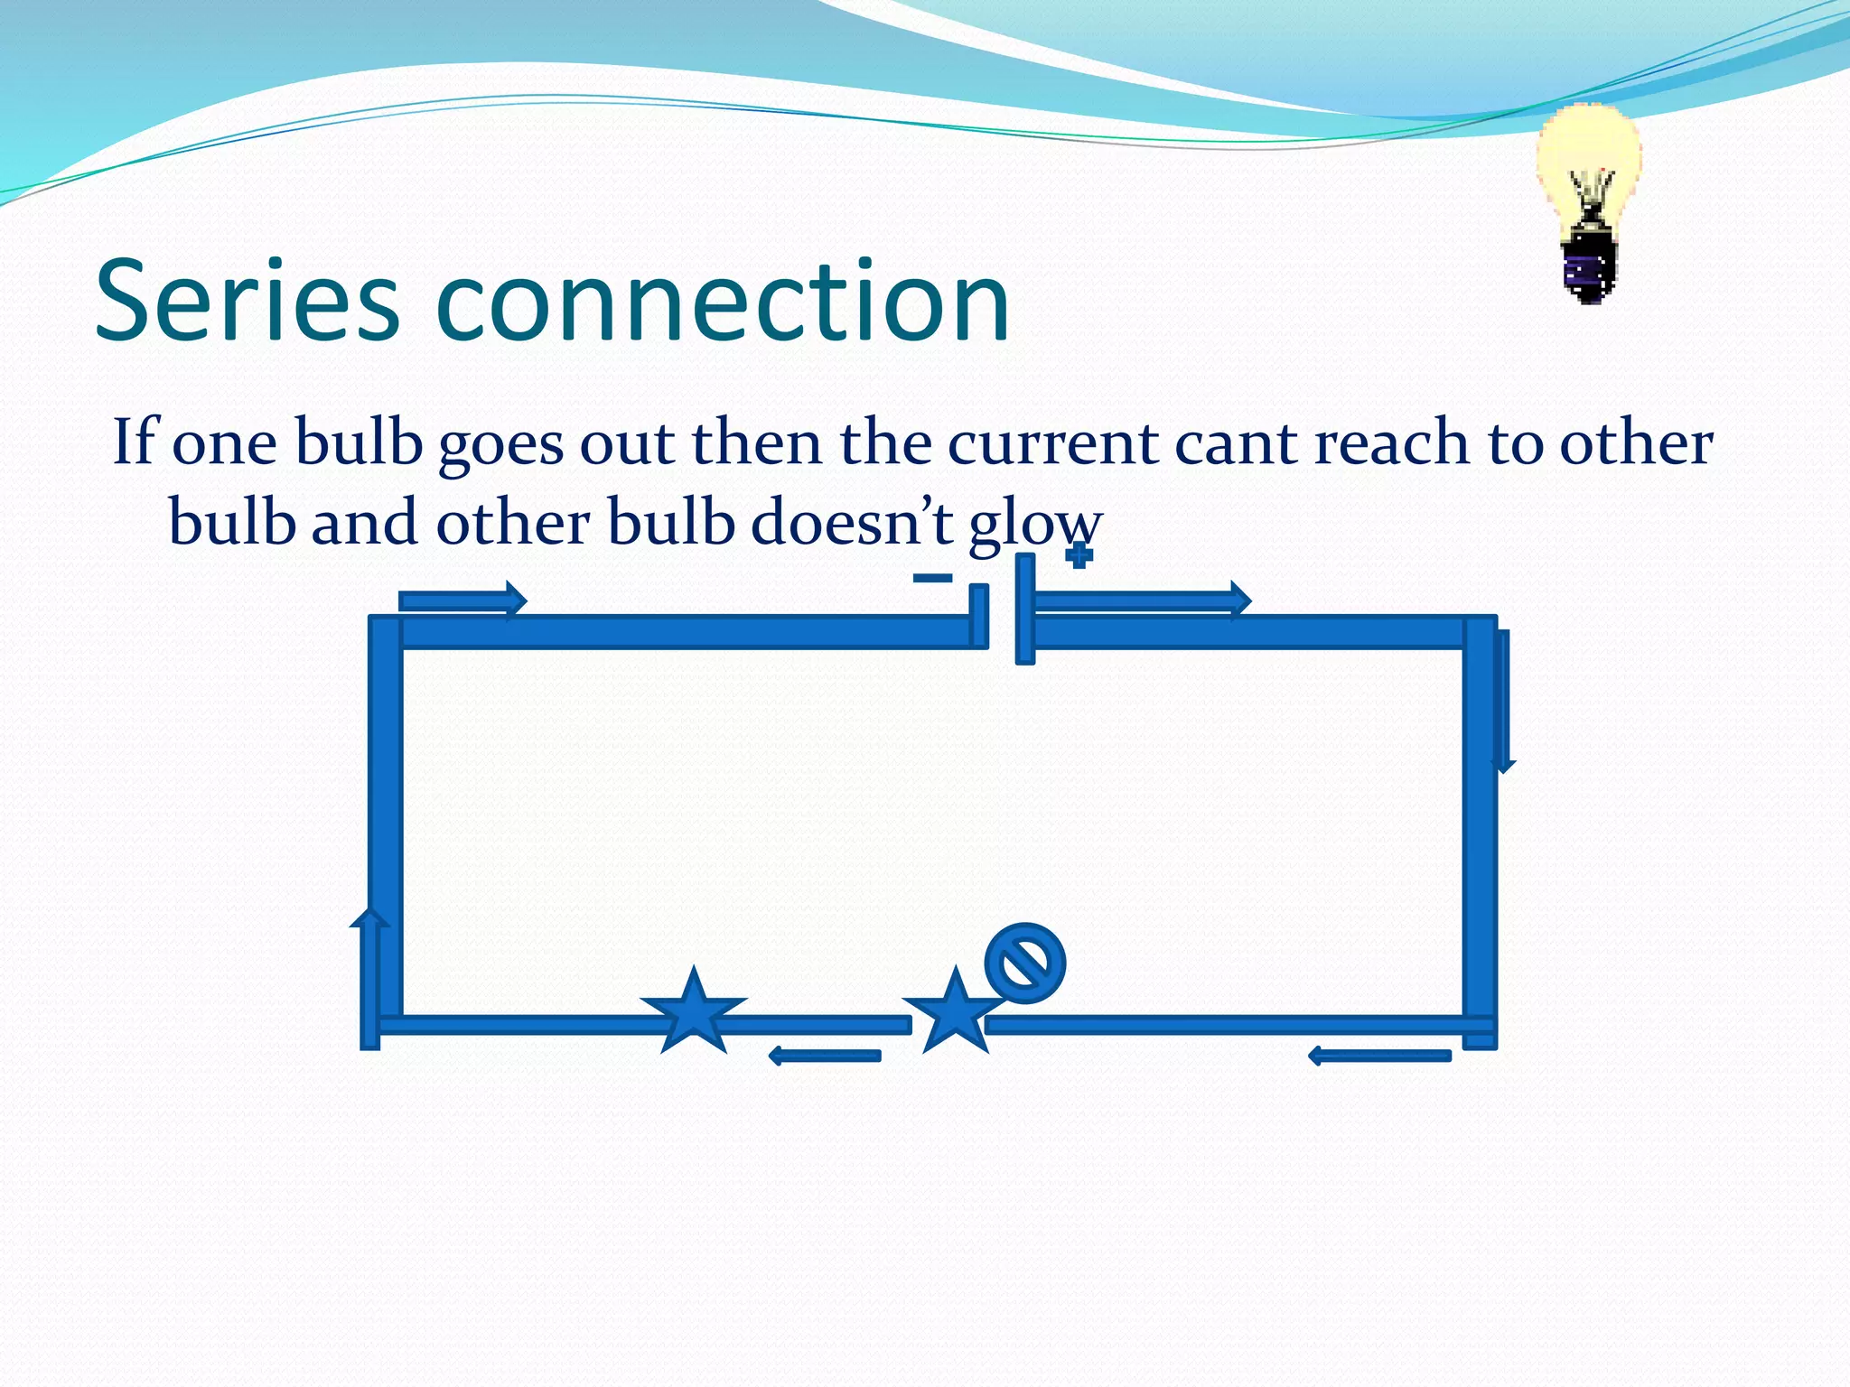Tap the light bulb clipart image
(x=1588, y=203)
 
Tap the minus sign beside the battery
(x=932, y=578)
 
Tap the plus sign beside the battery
(x=1079, y=555)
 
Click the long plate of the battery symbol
(x=1024, y=610)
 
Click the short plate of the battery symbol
(x=978, y=617)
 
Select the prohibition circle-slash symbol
(x=1024, y=963)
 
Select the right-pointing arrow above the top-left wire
(x=462, y=600)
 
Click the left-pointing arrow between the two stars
(x=824, y=1056)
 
